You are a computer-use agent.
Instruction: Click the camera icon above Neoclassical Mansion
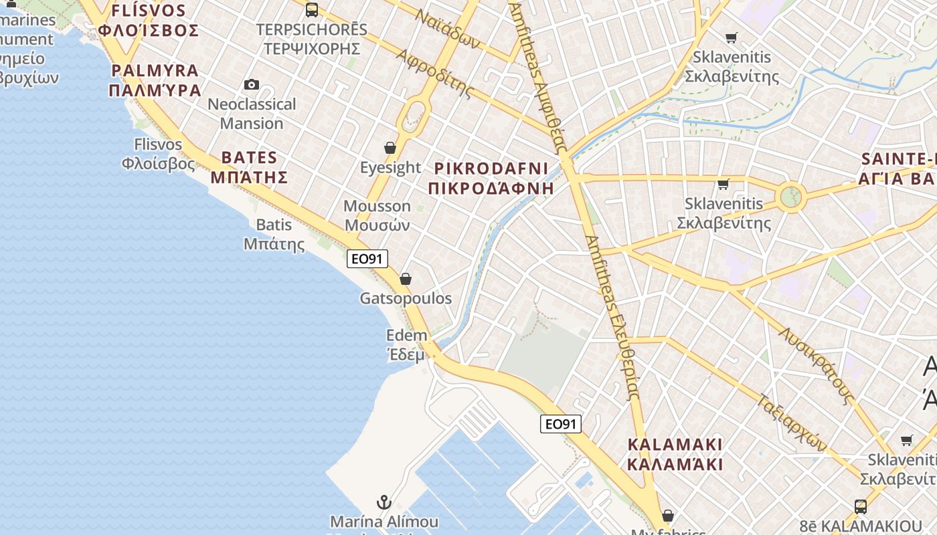[252, 84]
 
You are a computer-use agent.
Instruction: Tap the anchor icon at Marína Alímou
[384, 502]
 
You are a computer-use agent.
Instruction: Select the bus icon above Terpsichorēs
[312, 9]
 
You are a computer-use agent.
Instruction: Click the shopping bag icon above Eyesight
[390, 147]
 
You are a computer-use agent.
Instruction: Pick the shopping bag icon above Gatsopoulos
[406, 279]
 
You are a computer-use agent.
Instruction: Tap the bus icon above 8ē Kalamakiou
[861, 506]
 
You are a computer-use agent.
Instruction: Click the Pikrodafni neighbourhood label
[491, 178]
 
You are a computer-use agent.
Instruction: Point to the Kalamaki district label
[675, 454]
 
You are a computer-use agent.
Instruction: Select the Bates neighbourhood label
[249, 167]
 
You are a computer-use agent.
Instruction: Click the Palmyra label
[155, 80]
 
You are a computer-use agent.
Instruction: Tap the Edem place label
[406, 344]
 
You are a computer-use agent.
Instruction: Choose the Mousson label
[377, 215]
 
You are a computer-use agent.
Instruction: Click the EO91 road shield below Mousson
[367, 259]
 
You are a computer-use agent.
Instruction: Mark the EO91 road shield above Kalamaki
[561, 423]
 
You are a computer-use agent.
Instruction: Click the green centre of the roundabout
[791, 197]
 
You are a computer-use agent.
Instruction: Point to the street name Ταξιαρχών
[793, 422]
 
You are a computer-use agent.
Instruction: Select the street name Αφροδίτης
[435, 73]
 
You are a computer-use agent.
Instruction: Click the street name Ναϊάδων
[447, 28]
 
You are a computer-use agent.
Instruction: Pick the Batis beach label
[274, 234]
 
